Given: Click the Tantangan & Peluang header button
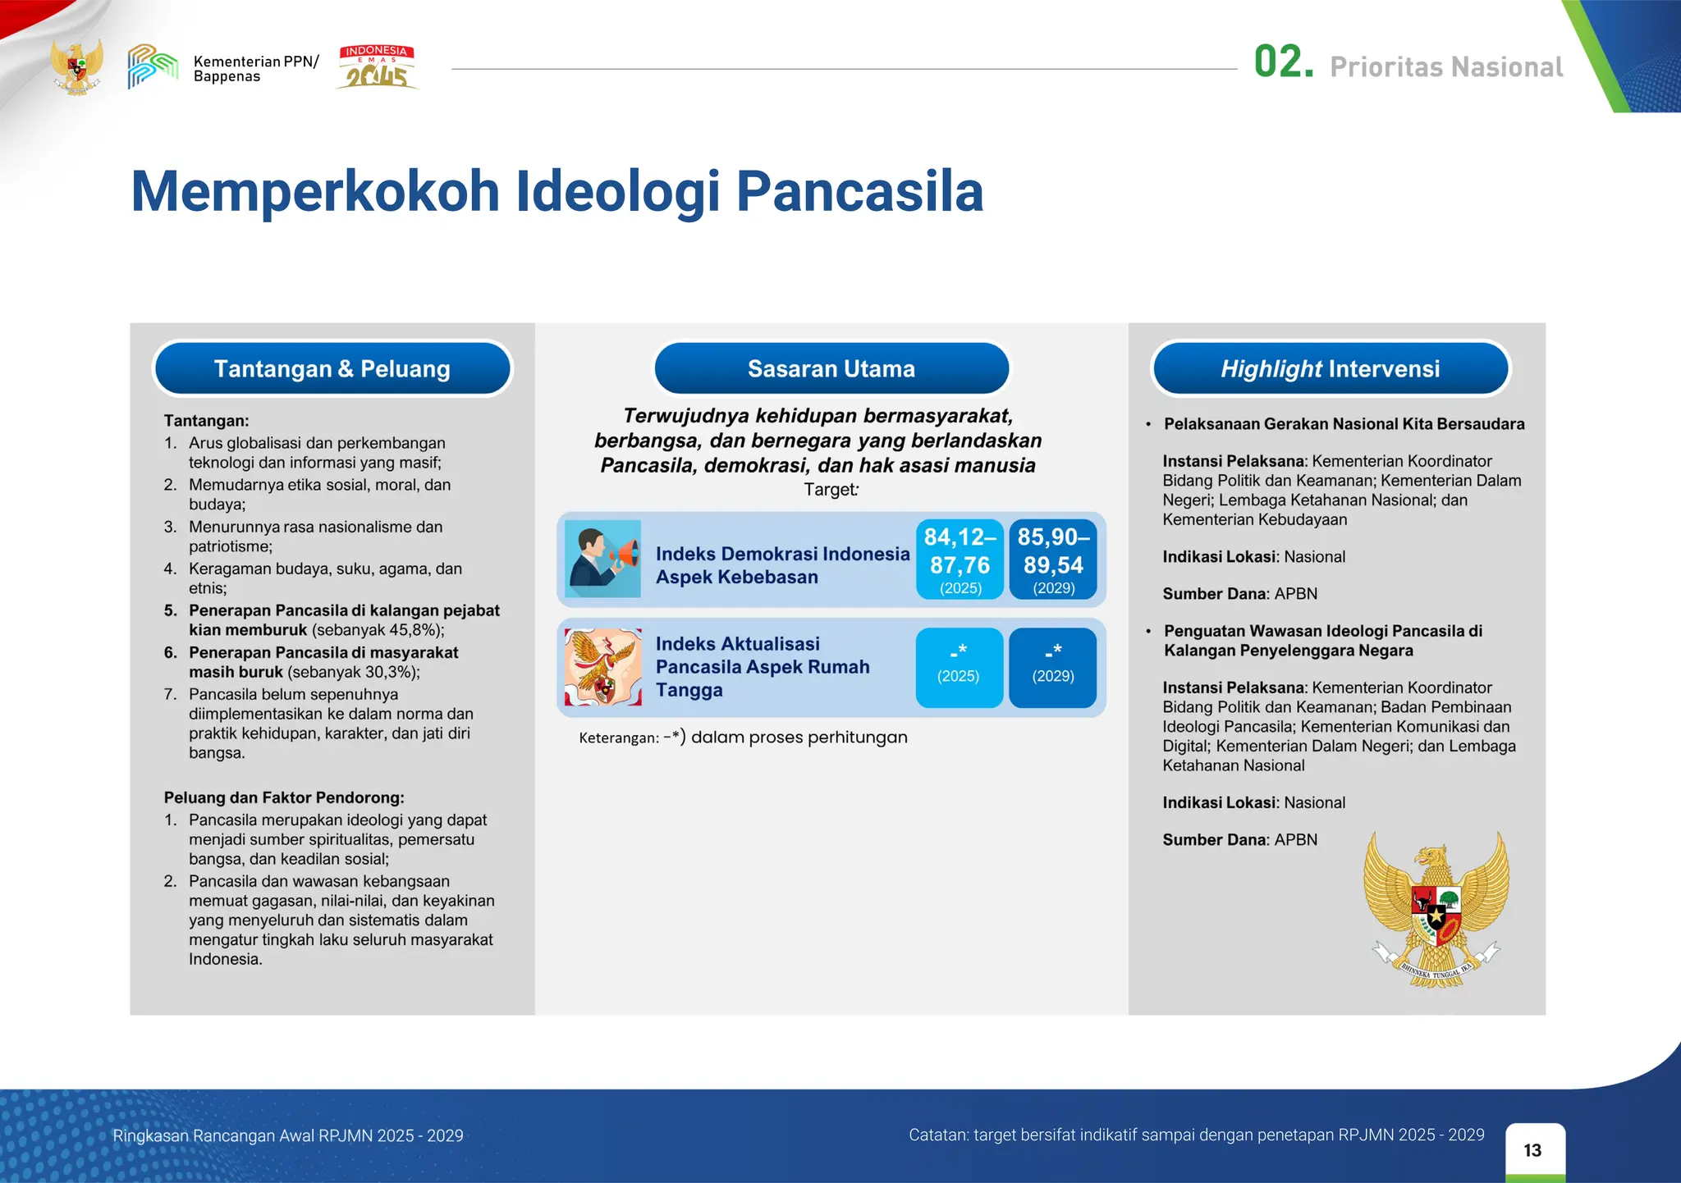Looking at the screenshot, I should pos(332,369).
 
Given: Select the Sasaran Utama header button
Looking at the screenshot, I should pos(831,369).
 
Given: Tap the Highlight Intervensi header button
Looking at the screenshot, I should pos(1330,369).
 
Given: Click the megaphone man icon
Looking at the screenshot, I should pos(603,559).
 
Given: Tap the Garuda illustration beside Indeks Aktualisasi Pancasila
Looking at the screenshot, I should pos(603,667).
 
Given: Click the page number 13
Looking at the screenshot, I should pos(1532,1150).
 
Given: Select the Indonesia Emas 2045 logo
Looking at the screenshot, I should pos(377,67).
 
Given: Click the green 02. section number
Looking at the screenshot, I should pos(1283,62).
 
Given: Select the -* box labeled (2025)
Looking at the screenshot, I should pos(959,667).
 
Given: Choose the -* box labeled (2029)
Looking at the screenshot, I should pos(1052,667).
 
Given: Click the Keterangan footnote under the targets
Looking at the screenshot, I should pos(743,737).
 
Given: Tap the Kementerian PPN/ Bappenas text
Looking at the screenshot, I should pos(255,69).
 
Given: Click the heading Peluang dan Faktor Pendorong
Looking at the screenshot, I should pos(284,797).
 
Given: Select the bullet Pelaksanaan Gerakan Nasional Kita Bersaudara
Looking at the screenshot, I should pos(1344,424).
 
